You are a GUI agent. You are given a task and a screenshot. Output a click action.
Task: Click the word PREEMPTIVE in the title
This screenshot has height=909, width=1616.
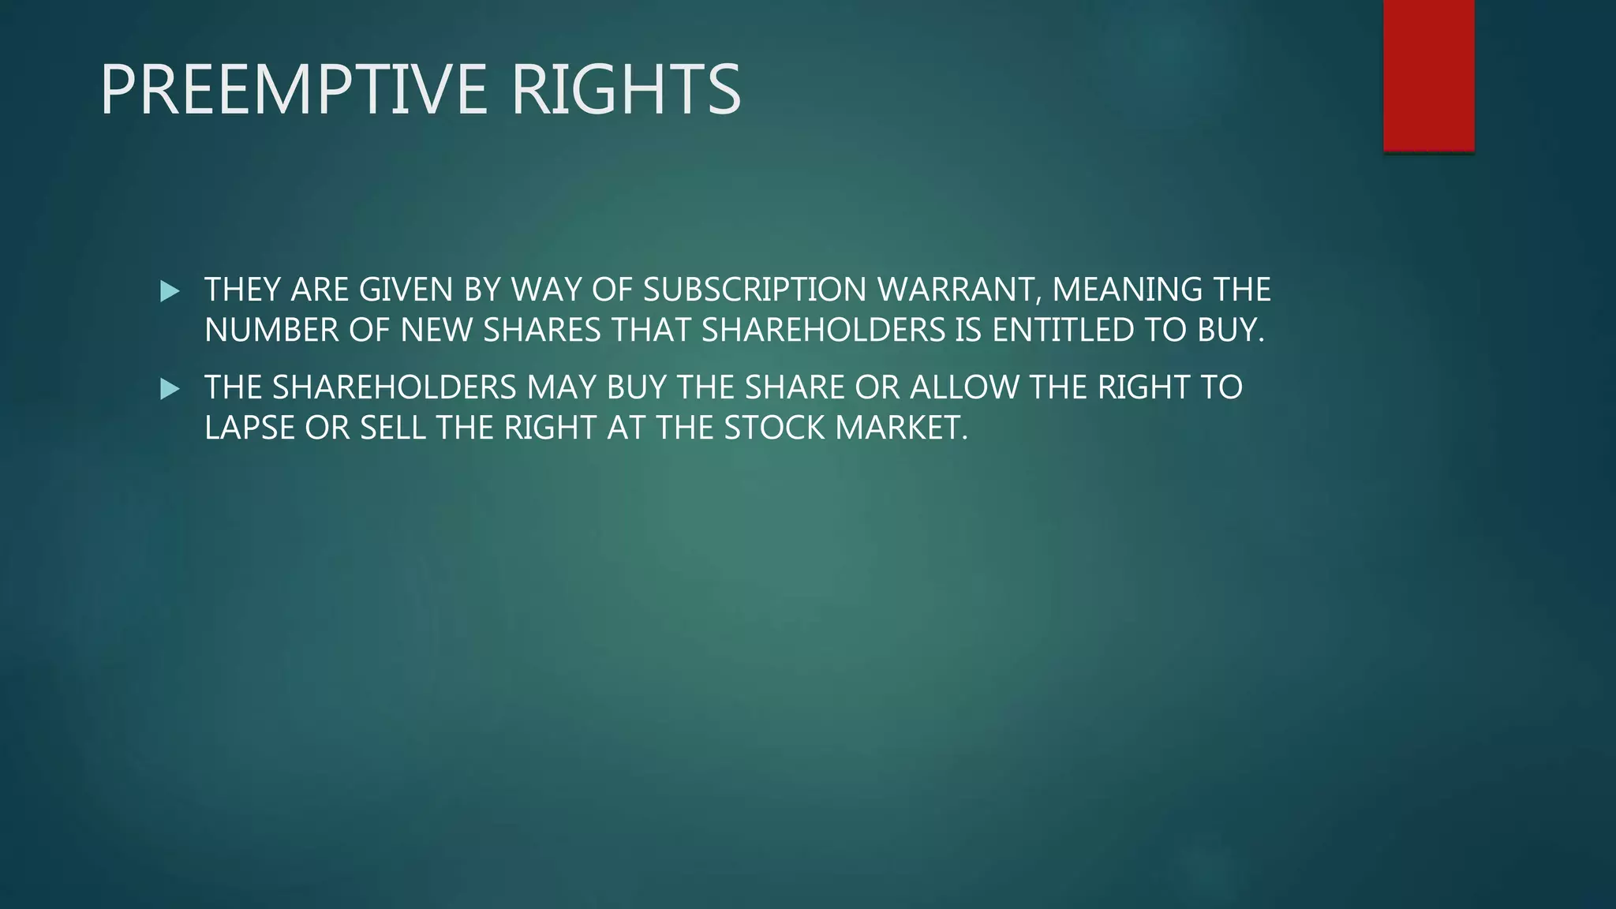tap(294, 90)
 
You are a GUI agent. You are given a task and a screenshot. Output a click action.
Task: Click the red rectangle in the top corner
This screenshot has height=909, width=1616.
tap(1428, 75)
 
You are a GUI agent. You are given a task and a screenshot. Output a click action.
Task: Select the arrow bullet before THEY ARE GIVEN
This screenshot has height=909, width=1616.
tap(170, 291)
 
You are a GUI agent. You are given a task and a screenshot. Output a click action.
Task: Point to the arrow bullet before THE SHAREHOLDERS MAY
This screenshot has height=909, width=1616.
tap(170, 389)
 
